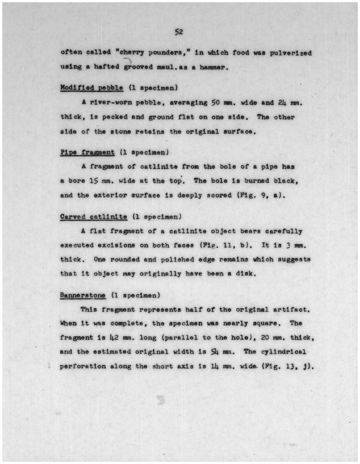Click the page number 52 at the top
pyautogui.click(x=179, y=32)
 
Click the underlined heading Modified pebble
pyautogui.click(x=92, y=88)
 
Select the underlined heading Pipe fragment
pyautogui.click(x=87, y=152)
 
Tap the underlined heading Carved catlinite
pyautogui.click(x=94, y=217)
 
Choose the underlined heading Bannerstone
pyautogui.click(x=82, y=296)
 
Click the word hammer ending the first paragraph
pyautogui.click(x=214, y=67)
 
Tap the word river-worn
pyautogui.click(x=111, y=103)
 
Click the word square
pyautogui.click(x=265, y=324)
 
